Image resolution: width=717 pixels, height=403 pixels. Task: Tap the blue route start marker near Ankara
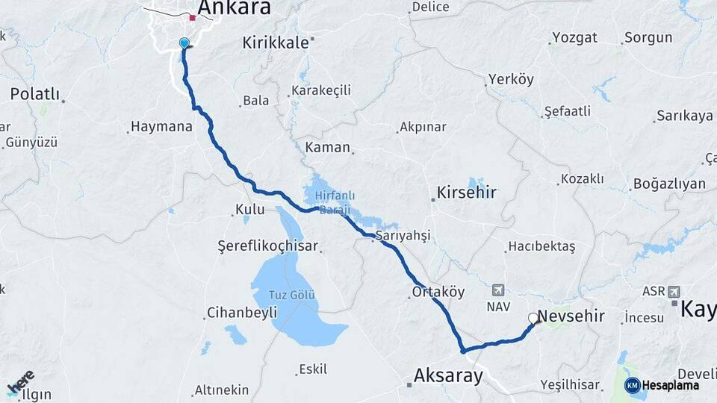184,44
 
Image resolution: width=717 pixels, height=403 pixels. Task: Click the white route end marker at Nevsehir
533,319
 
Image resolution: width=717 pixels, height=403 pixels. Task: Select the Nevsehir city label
571,316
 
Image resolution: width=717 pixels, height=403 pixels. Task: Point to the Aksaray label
448,375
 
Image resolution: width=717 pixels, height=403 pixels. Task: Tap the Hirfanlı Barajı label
333,202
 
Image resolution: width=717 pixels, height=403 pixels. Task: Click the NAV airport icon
498,290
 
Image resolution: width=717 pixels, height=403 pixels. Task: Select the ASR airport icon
675,291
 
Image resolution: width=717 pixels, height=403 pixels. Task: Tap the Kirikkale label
275,43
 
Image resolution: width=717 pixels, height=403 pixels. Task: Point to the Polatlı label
34,94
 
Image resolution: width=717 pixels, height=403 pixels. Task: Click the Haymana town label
161,127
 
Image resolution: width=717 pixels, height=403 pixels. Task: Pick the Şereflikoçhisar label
267,246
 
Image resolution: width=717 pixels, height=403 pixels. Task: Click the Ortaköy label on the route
438,292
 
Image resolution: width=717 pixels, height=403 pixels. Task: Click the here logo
20,383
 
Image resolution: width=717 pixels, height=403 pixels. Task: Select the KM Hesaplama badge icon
633,385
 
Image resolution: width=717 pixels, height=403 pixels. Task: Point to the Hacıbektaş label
541,246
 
